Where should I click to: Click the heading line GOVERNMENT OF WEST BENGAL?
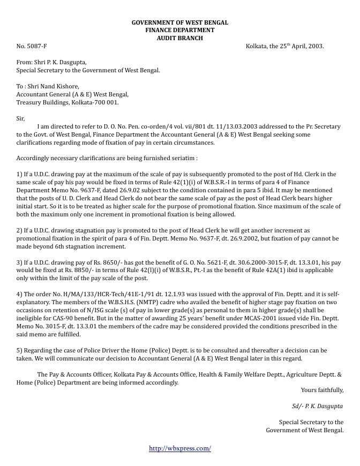(180, 22)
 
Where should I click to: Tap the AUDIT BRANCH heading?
(180, 38)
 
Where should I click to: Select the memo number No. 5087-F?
(32, 46)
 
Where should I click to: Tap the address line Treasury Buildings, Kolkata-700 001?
(67, 102)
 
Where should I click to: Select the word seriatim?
(181, 159)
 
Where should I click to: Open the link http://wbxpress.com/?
(180, 448)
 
